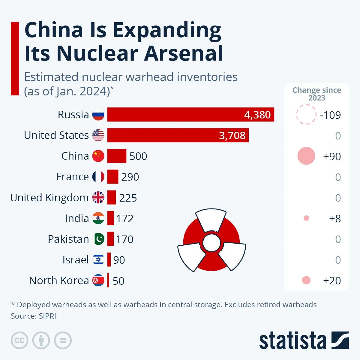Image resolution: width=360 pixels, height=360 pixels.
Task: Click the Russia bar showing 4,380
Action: [190, 115]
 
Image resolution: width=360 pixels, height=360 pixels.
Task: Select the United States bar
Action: [178, 135]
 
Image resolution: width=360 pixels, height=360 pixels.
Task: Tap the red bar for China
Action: [117, 156]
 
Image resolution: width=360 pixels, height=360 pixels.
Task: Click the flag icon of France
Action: [98, 177]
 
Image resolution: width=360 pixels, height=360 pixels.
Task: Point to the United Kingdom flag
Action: [98, 197]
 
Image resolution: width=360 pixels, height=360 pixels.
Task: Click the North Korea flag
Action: [98, 280]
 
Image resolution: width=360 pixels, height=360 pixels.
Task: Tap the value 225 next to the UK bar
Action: [128, 198]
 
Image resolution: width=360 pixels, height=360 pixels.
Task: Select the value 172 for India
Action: [125, 219]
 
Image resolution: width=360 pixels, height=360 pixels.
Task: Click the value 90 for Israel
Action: [119, 260]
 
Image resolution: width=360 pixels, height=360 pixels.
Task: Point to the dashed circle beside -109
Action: [306, 115]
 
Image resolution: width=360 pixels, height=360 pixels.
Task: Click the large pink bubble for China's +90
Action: [306, 156]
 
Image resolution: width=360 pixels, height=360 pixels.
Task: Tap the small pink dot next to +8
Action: [306, 218]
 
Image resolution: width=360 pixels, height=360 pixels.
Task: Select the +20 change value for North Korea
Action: [332, 281]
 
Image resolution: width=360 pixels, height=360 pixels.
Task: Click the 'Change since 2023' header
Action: [316, 94]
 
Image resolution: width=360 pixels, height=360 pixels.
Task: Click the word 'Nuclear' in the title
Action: [97, 53]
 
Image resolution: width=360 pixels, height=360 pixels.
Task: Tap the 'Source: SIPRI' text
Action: [34, 316]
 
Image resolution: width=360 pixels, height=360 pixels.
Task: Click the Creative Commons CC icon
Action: [19, 340]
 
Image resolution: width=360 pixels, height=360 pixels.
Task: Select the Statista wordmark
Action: [292, 341]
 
